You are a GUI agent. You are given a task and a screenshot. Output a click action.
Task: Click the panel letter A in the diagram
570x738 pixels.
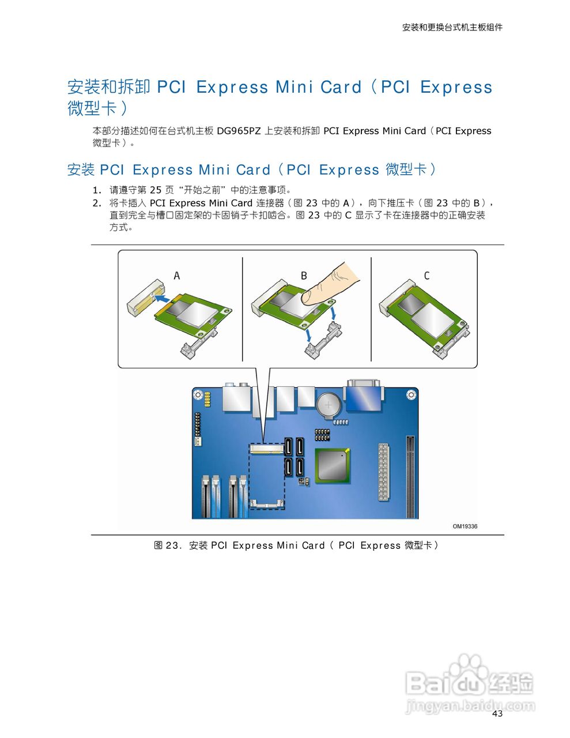point(176,276)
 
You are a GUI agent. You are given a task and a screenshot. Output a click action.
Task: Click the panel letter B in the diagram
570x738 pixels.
point(304,276)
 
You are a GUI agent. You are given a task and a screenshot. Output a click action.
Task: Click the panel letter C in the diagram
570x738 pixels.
point(426,276)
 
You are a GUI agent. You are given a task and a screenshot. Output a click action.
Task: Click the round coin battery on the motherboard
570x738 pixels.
point(329,405)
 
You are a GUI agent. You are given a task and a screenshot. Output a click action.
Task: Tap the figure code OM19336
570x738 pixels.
point(465,526)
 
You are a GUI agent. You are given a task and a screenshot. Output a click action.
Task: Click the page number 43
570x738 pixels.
point(497,713)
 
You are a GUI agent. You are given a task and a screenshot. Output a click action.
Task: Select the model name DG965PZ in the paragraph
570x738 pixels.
point(239,131)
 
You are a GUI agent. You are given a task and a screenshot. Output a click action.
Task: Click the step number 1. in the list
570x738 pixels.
point(97,190)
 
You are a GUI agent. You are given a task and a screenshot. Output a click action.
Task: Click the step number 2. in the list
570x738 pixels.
point(97,203)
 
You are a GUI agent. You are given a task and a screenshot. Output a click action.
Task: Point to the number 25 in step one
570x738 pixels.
point(156,190)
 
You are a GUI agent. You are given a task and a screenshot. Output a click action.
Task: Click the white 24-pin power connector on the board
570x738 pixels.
point(384,472)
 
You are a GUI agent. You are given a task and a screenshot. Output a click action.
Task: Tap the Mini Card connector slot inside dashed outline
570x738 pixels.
point(266,449)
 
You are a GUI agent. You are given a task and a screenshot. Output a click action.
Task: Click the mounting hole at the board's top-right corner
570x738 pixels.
point(411,394)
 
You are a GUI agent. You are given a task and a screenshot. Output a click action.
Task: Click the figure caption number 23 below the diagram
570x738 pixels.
point(171,545)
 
